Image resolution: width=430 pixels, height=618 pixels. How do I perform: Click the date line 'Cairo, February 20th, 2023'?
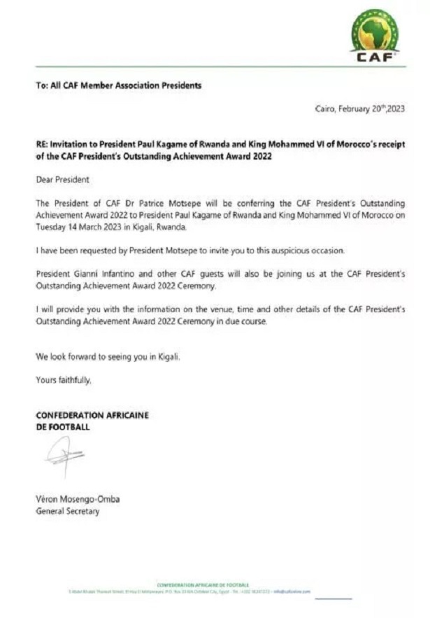click(361, 109)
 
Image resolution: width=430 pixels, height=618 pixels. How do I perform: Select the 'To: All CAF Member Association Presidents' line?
click(119, 85)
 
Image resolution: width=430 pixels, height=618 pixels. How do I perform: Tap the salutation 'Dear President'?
click(63, 180)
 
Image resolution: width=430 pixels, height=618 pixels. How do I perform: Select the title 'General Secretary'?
click(67, 512)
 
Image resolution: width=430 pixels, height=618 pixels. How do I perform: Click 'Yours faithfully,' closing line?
click(64, 380)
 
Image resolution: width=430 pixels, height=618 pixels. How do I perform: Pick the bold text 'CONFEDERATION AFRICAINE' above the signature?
click(92, 415)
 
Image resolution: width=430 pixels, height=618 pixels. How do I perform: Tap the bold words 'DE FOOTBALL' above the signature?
click(63, 426)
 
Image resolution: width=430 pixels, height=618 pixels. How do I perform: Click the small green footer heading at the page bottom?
click(203, 584)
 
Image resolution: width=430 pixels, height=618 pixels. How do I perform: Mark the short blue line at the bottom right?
click(338, 598)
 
